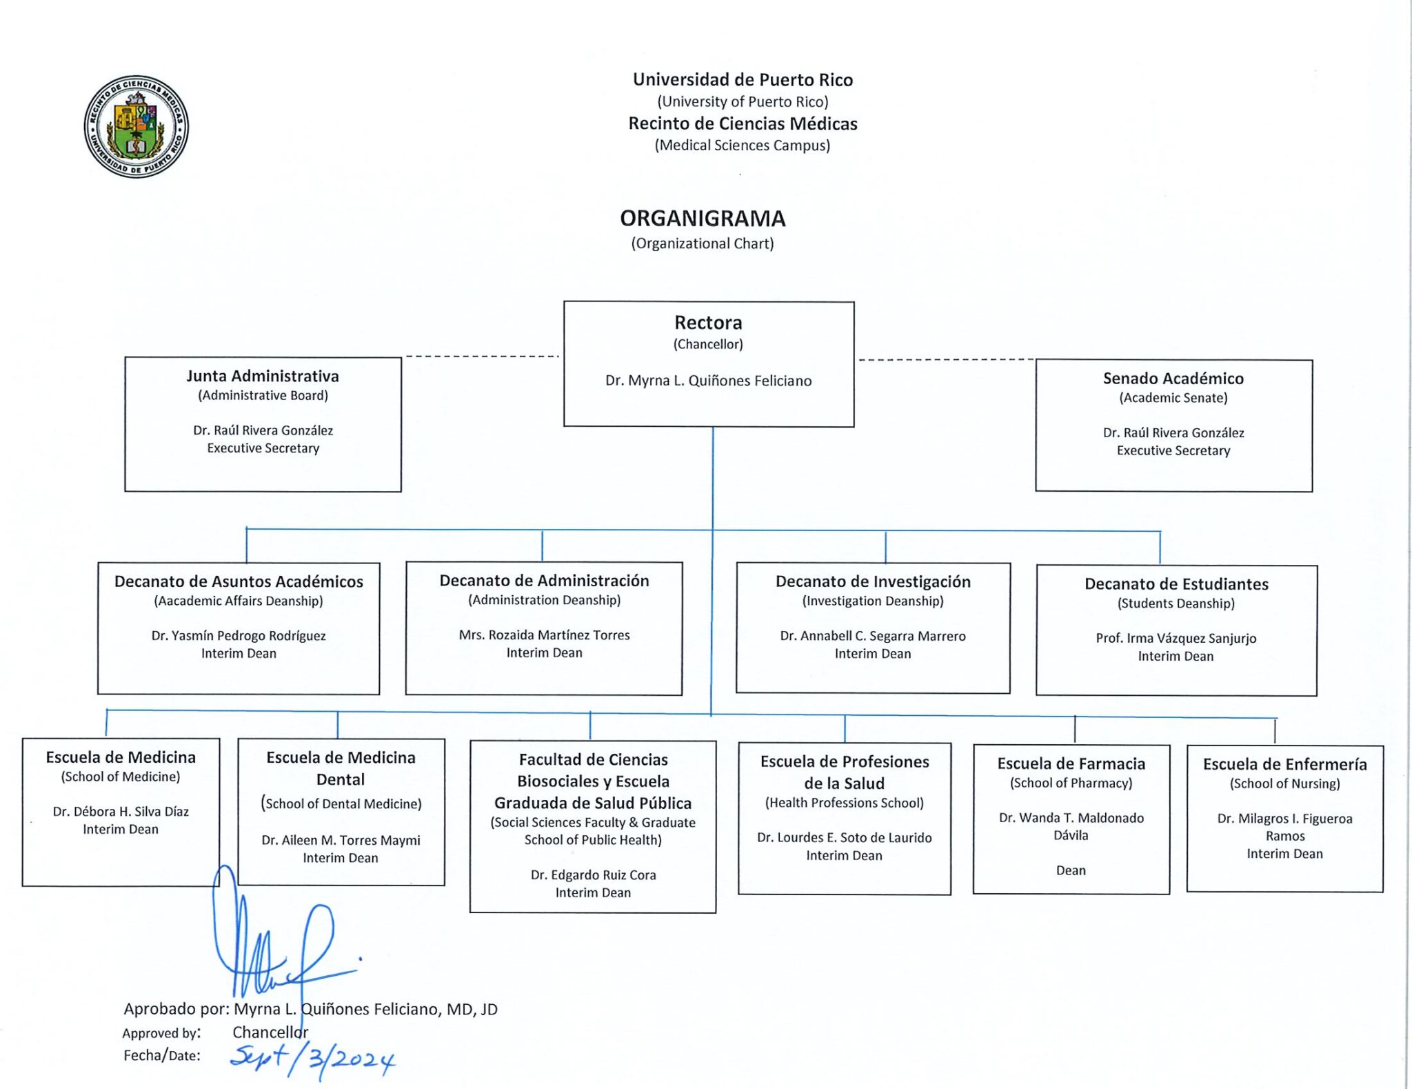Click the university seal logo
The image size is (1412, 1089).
136,126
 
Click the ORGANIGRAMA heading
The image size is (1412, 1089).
703,219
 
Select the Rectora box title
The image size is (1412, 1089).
708,322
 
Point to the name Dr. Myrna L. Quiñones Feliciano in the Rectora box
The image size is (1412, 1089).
708,381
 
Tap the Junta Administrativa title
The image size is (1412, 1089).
263,376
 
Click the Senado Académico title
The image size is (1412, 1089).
1173,378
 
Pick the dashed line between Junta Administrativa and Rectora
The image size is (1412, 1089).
482,357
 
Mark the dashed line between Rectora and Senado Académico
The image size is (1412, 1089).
946,359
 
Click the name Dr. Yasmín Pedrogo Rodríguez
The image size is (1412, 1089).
239,636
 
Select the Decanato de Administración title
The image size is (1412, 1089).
544,581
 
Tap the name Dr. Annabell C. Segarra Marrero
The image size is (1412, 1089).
873,636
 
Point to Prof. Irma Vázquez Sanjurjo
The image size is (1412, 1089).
1176,639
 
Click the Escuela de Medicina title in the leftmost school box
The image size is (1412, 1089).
121,757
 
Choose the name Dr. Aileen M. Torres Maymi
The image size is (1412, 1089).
341,840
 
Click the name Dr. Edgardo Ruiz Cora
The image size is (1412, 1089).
593,875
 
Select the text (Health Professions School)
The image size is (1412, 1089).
845,803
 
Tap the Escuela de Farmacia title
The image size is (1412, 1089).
1071,763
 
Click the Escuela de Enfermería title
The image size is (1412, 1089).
1285,764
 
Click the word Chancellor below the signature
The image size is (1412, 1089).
270,1032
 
